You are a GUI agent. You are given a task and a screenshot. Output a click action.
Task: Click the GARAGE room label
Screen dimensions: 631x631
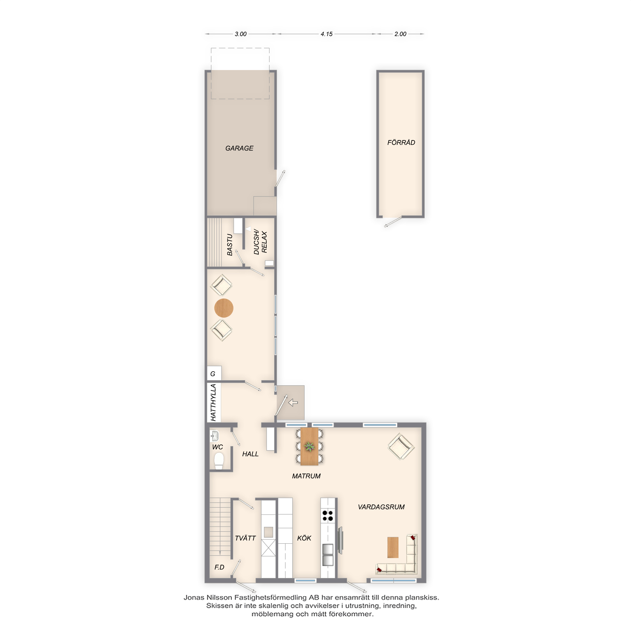(239, 148)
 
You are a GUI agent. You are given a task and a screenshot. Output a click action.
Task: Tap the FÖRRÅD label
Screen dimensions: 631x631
(401, 142)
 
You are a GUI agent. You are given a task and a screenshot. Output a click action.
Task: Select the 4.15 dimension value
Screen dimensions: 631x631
(326, 34)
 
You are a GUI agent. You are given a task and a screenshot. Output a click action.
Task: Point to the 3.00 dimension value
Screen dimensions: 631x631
(240, 34)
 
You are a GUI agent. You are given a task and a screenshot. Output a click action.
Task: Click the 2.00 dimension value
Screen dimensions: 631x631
(400, 34)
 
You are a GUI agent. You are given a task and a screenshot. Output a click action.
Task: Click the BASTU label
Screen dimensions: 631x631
(230, 245)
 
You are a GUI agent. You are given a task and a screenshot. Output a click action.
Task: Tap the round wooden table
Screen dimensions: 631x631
(224, 308)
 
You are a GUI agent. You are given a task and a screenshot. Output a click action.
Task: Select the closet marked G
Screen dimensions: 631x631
(214, 373)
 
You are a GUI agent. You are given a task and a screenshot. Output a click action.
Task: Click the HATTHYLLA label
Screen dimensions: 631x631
(213, 402)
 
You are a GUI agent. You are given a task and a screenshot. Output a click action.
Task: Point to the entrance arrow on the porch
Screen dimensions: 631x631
(293, 402)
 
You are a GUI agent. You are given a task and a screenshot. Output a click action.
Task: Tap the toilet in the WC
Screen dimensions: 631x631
(219, 461)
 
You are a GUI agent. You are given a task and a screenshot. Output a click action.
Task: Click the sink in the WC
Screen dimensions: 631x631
(215, 436)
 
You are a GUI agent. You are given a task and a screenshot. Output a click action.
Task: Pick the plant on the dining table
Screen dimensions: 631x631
(309, 446)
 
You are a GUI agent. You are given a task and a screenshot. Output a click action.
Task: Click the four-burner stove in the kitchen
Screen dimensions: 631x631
(327, 516)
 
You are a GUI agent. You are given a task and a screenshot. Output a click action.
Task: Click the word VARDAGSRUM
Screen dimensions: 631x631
(381, 507)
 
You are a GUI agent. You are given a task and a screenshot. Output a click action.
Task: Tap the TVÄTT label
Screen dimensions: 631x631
(245, 538)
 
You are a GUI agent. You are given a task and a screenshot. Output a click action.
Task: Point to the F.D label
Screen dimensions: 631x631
(219, 567)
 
